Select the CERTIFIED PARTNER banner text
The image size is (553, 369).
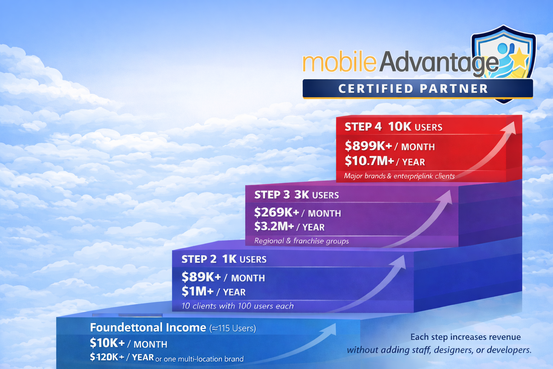413,89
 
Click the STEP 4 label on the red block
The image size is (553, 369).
363,127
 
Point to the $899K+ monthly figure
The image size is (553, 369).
368,146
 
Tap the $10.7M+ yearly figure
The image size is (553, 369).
369,161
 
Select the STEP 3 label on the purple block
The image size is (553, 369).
272,195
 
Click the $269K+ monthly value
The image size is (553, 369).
276,213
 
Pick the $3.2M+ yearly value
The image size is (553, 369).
274,227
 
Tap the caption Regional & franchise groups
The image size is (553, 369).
301,241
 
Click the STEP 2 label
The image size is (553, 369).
199,259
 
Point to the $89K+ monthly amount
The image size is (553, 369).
201,277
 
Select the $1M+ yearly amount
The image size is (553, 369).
197,292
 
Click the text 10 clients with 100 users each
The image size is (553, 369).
237,306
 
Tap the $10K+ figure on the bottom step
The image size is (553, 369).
107,343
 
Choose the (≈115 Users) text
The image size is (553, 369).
233,328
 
